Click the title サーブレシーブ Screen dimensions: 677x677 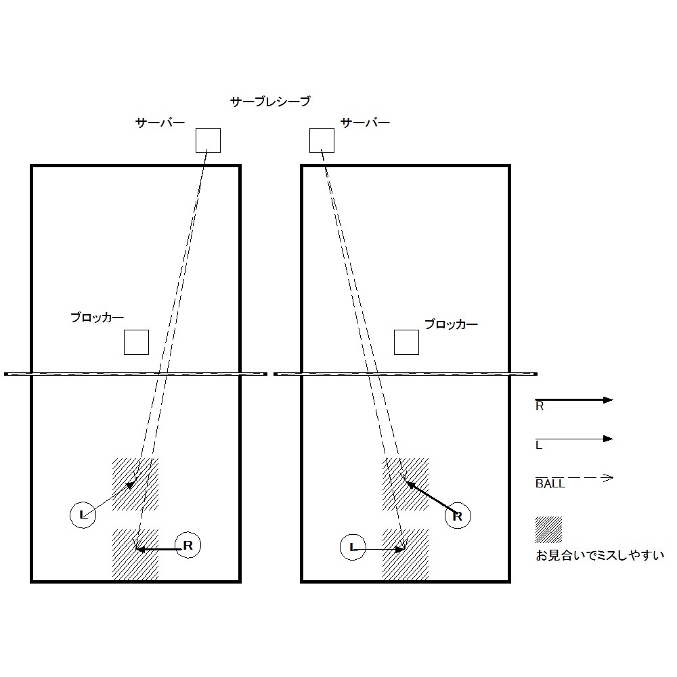(270, 102)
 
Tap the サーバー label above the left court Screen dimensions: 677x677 (160, 123)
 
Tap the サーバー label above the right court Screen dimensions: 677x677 (365, 123)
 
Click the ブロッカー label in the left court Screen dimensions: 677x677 (97, 318)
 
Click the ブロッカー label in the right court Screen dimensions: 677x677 (451, 324)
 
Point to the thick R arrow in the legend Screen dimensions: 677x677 (574, 400)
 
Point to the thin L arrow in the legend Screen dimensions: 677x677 (574, 439)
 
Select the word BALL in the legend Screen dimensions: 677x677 (550, 483)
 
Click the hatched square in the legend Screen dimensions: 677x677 (549, 529)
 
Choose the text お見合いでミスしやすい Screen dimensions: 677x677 (600, 555)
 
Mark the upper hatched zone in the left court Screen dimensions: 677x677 (135, 485)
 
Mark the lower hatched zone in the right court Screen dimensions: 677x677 (406, 555)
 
